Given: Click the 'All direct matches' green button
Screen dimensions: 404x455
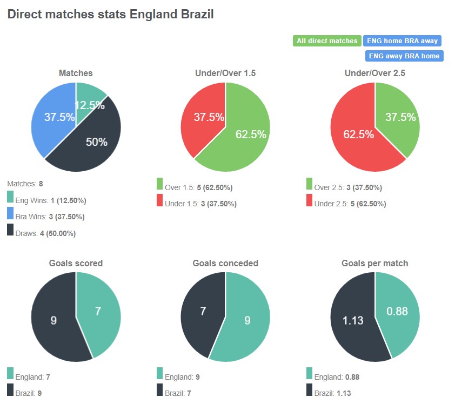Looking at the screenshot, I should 327,41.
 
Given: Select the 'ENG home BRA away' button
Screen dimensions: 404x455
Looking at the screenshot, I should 402,41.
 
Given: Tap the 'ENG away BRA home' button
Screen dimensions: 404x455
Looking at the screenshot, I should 404,56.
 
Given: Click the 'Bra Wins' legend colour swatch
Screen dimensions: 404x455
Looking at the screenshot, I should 10,214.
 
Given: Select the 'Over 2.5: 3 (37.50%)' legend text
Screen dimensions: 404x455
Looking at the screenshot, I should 348,188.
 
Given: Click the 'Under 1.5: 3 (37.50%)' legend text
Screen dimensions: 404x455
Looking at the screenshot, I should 201,204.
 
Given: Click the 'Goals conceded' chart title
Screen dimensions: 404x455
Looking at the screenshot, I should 225,264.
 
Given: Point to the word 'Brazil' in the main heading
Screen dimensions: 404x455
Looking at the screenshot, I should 196,15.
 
